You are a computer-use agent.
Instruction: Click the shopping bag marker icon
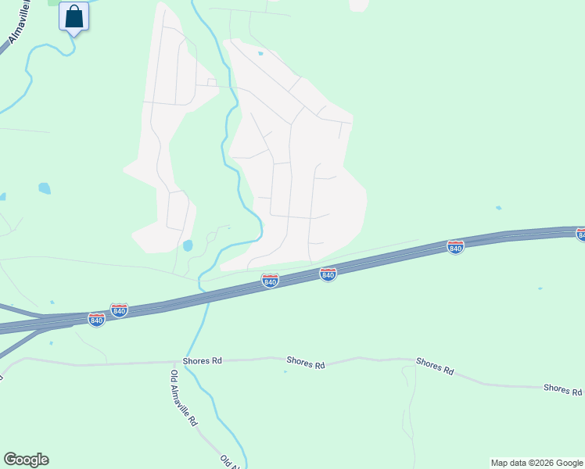74,16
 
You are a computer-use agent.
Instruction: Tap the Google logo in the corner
26,460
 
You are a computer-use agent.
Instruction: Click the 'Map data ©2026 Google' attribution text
537,463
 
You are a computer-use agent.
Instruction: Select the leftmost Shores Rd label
203,360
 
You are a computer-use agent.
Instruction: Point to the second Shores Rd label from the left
306,363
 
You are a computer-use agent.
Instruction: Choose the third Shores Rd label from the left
435,366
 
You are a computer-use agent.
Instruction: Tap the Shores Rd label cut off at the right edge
563,389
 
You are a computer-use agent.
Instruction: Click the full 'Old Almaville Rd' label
184,397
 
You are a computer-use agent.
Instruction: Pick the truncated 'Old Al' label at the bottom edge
229,461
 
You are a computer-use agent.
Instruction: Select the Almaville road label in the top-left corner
20,23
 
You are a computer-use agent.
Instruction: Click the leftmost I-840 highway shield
96,320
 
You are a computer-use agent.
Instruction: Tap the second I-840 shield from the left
119,310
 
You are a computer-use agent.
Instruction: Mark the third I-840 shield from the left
270,281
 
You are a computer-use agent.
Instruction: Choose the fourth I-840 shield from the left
328,274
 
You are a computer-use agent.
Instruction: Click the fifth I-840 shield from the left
456,247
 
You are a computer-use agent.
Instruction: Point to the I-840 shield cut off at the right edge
580,234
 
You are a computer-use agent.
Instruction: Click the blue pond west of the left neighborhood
45,188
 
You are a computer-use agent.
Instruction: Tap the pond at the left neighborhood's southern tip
188,245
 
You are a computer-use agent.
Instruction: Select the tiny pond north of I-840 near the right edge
498,208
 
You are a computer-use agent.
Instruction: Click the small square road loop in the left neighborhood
211,82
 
